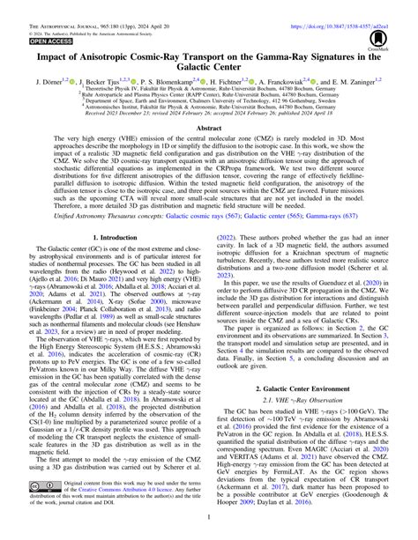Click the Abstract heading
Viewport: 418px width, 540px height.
point(209,129)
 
